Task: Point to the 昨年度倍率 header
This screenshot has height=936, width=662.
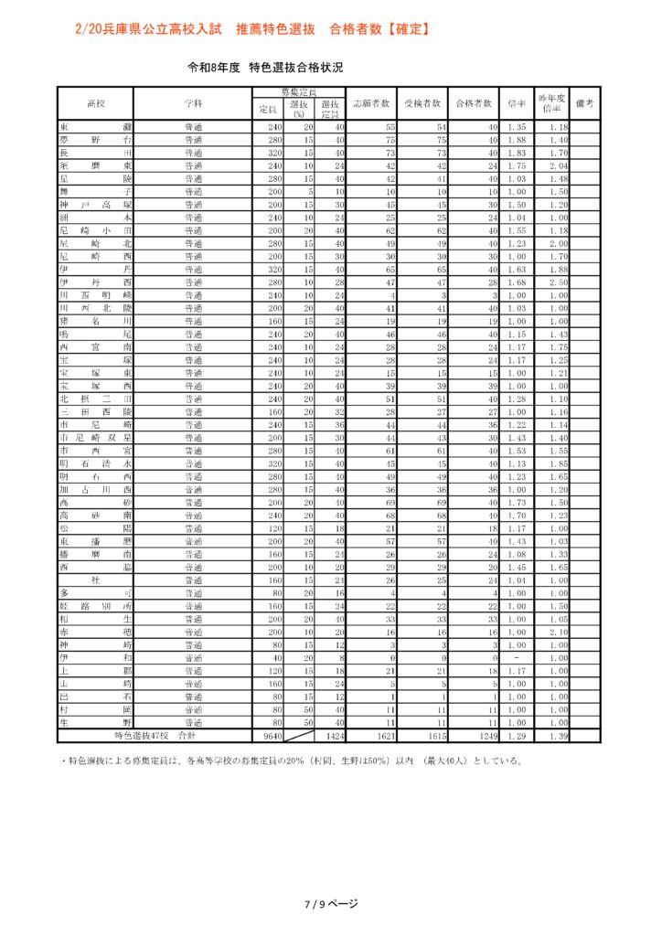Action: coord(551,102)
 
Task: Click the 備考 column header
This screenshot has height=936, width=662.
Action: coord(586,103)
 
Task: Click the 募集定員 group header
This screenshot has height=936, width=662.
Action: coord(298,93)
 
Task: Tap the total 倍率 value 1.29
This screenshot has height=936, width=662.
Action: coord(517,735)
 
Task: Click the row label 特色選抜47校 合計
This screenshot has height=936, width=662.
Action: coord(155,735)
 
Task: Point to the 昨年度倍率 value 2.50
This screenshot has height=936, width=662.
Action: coord(559,284)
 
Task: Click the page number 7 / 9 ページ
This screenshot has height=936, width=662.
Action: coord(331,904)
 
